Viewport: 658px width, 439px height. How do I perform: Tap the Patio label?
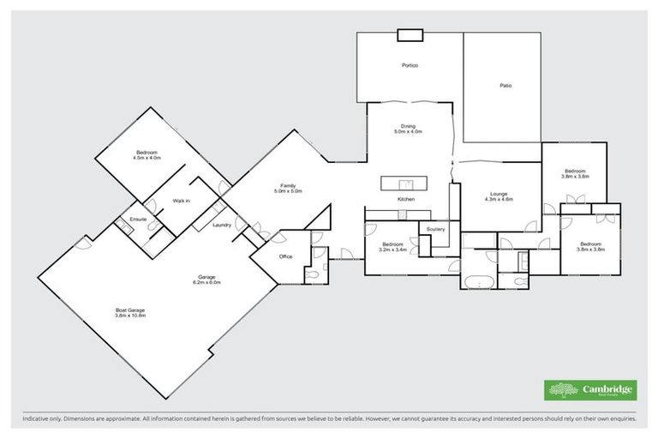pos(505,86)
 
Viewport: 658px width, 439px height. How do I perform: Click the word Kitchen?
pos(406,199)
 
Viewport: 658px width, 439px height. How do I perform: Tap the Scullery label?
pos(433,230)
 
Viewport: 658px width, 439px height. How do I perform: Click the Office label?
pos(286,256)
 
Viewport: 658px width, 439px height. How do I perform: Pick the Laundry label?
pos(222,225)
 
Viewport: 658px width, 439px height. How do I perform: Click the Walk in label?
pos(181,201)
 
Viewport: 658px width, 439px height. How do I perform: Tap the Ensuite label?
pos(139,219)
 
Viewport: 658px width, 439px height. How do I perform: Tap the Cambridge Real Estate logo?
pos(590,390)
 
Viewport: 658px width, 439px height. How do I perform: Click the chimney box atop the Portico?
pos(410,35)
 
